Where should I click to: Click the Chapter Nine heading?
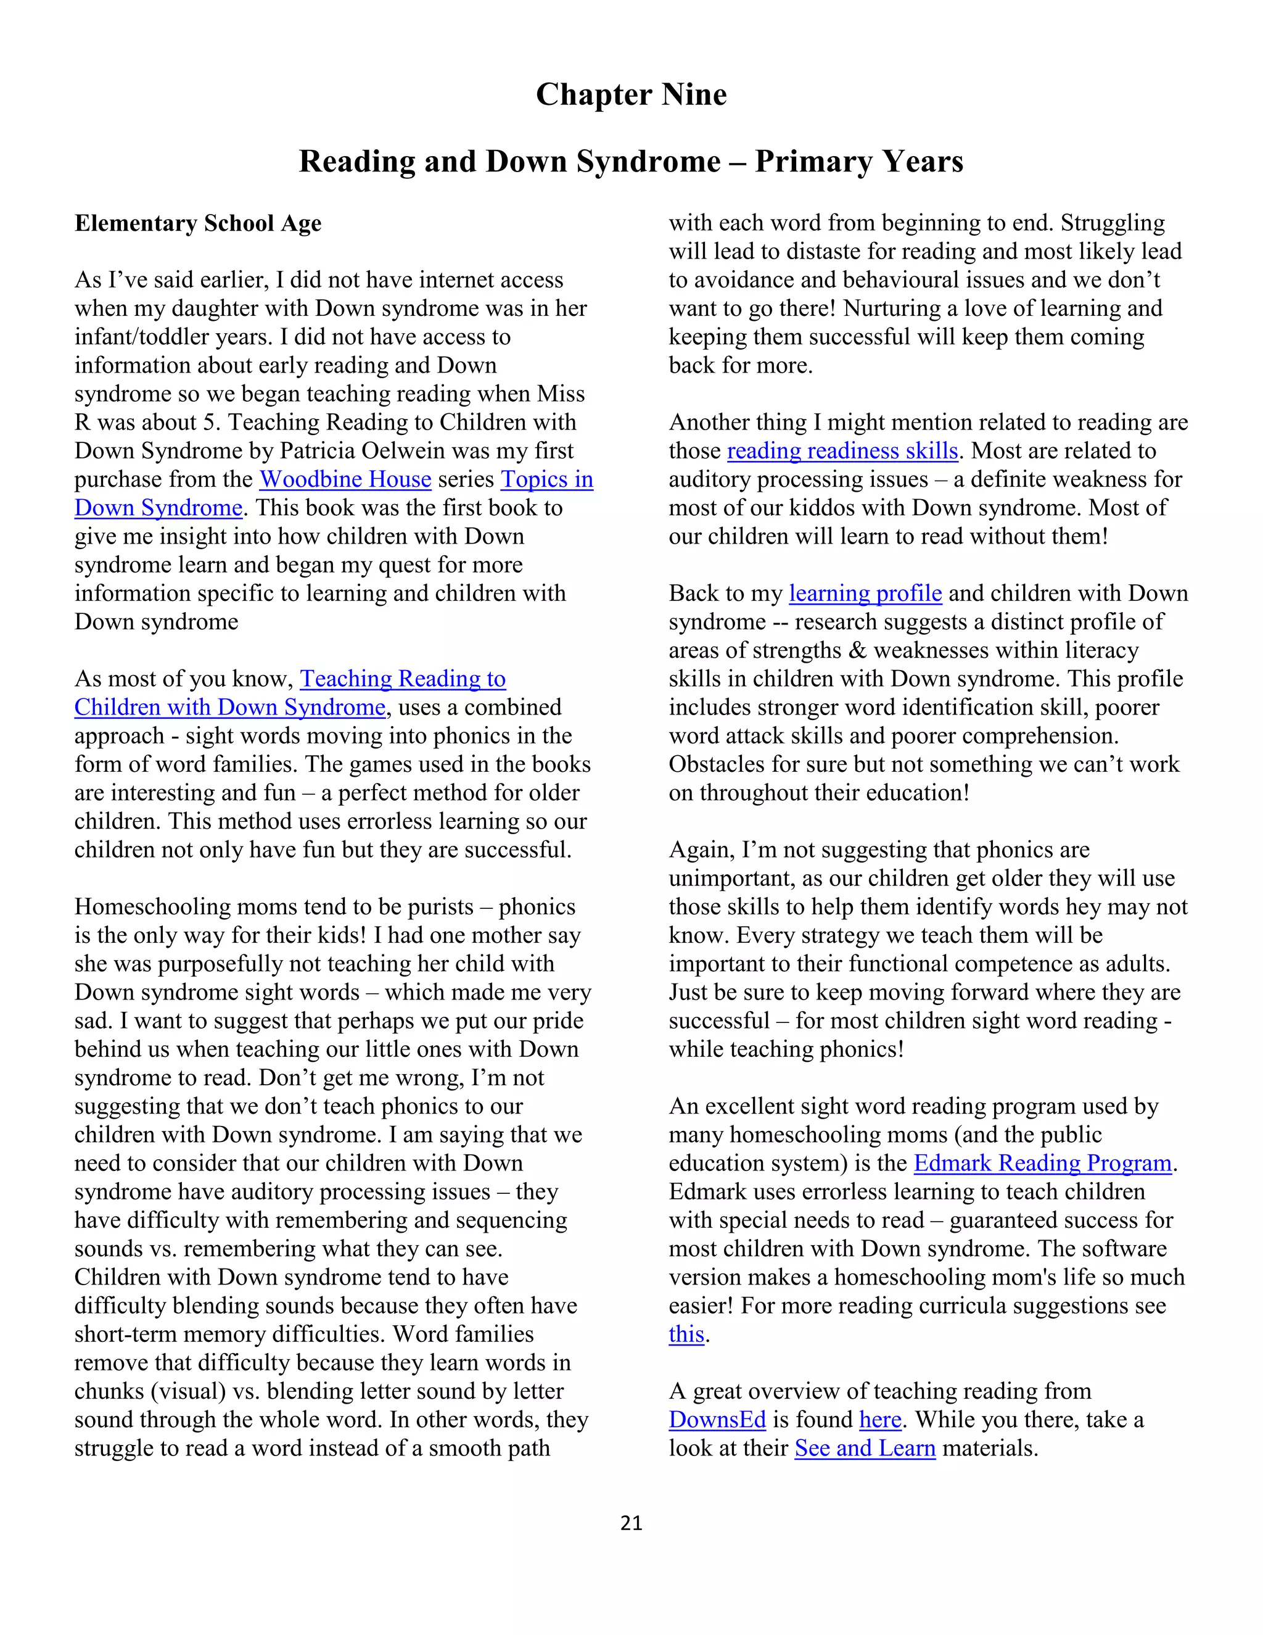(x=631, y=95)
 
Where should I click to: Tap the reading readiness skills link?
(x=842, y=450)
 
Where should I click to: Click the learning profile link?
(x=865, y=593)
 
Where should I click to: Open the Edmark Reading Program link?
(x=1042, y=1164)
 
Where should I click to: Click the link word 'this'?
(x=686, y=1334)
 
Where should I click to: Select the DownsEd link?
(x=717, y=1420)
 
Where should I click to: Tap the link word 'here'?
(x=880, y=1420)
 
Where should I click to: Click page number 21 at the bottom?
(x=631, y=1523)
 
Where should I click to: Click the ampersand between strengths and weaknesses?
(x=857, y=650)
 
